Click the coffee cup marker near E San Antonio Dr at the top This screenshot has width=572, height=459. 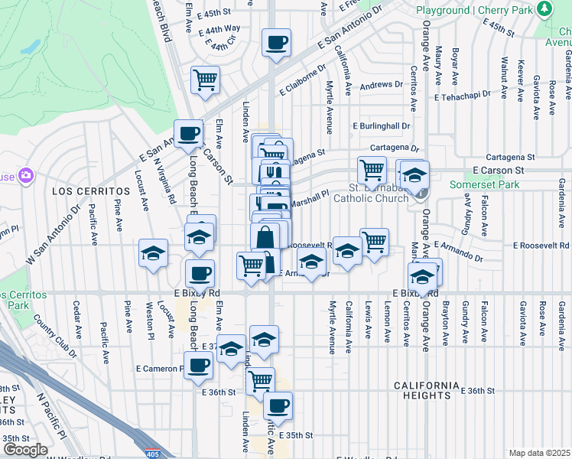tap(276, 43)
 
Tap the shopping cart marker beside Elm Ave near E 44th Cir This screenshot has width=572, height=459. tap(205, 80)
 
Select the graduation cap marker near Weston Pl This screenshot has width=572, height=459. tap(153, 253)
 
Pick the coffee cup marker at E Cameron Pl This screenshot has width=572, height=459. tap(199, 366)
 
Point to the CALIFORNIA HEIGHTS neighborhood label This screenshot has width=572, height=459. tap(427, 390)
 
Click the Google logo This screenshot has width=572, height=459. tap(24, 450)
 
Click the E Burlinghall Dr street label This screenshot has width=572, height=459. tap(382, 125)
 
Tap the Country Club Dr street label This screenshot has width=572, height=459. tap(51, 328)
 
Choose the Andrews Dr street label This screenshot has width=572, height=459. tap(381, 85)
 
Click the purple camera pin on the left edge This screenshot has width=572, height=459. tap(27, 176)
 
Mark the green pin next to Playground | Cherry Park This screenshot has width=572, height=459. tap(544, 9)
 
